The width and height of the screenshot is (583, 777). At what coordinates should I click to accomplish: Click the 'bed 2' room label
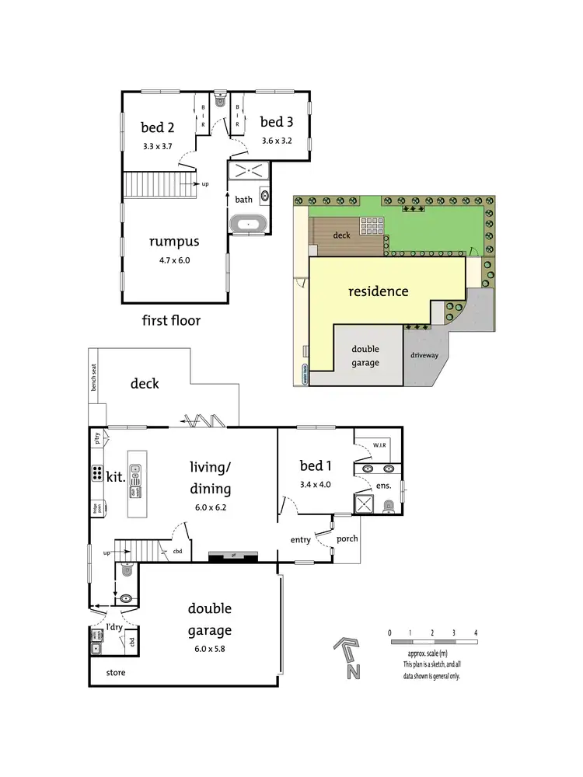(x=157, y=127)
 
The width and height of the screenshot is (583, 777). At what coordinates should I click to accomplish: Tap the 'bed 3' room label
(x=276, y=122)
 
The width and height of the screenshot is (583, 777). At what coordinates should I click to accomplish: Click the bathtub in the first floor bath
(x=249, y=225)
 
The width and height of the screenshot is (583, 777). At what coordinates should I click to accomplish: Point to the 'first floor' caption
(x=171, y=320)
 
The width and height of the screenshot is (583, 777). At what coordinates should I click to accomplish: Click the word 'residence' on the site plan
(x=378, y=291)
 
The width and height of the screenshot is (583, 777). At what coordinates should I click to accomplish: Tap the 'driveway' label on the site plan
(x=424, y=355)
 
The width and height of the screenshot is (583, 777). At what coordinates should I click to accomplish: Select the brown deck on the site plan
(x=342, y=235)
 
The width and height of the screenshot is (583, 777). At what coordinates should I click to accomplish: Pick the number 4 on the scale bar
(x=475, y=632)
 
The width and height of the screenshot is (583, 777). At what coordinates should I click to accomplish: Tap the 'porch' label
(x=347, y=538)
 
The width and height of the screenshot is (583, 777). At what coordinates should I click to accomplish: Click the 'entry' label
(x=301, y=539)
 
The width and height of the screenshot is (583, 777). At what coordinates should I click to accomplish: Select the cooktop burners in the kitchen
(x=99, y=472)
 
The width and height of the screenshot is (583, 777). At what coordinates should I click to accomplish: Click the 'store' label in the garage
(x=115, y=672)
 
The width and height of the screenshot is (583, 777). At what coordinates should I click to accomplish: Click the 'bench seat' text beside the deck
(x=93, y=376)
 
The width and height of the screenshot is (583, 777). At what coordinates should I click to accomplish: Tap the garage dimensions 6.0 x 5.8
(x=209, y=648)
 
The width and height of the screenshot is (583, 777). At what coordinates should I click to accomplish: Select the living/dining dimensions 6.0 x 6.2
(x=210, y=508)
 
